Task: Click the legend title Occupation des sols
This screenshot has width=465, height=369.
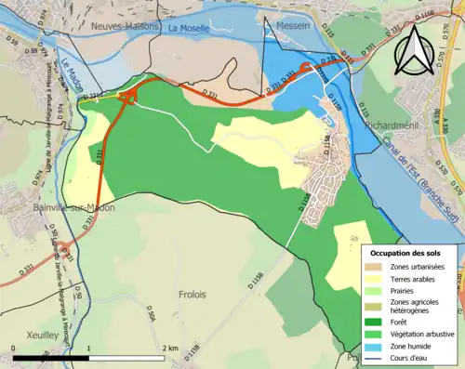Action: (x=405, y=253)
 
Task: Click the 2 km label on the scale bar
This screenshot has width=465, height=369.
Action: (x=168, y=348)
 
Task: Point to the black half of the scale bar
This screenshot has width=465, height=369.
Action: (x=51, y=357)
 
